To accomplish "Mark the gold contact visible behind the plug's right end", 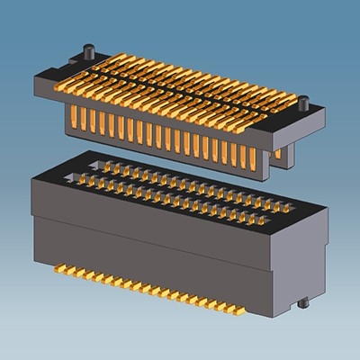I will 278,153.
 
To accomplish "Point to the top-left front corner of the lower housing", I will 33,179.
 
